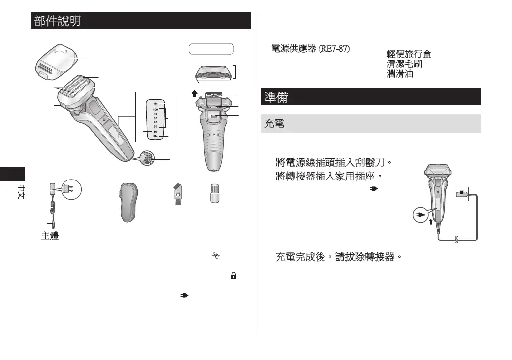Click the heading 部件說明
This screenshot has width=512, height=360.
pyautogui.click(x=58, y=21)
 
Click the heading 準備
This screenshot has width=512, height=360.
pyautogui.click(x=276, y=97)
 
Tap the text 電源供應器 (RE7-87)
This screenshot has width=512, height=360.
pyautogui.click(x=310, y=50)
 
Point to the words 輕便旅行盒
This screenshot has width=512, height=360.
pyautogui.click(x=409, y=54)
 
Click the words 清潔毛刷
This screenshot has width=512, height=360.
pyautogui.click(x=404, y=64)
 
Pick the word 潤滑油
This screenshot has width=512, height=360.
pyautogui.click(x=400, y=74)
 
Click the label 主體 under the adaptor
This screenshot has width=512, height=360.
pyautogui.click(x=50, y=236)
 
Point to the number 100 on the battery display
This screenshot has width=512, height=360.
pyautogui.click(x=155, y=109)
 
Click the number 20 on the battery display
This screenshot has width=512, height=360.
pyautogui.click(x=155, y=127)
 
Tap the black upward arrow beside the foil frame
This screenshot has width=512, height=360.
pyautogui.click(x=195, y=92)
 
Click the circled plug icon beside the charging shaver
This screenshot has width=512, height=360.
pyautogui.click(x=420, y=216)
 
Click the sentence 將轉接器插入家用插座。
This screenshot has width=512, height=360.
pyautogui.click(x=328, y=176)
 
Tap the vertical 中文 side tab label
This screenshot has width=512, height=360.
pyautogui.click(x=22, y=193)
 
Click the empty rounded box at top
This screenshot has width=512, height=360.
pyautogui.click(x=211, y=49)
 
